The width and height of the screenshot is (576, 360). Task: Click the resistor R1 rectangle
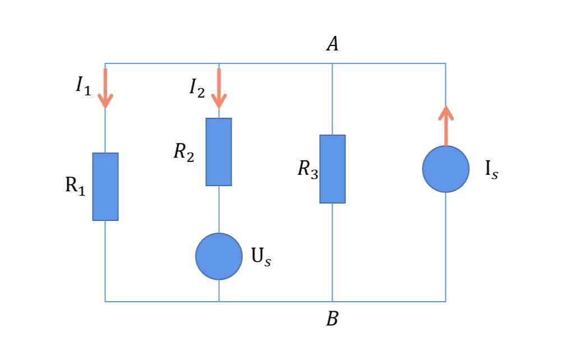(105, 187)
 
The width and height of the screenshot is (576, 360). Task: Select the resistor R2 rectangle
(219, 152)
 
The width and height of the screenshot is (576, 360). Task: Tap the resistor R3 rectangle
(333, 169)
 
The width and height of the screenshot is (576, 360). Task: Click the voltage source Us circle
(219, 256)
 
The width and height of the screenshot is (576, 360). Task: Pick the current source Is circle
(446, 169)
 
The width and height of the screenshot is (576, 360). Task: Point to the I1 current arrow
(105, 89)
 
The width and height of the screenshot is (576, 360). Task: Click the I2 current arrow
(219, 89)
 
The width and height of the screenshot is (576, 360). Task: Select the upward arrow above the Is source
(446, 125)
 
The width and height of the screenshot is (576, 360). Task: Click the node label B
(333, 320)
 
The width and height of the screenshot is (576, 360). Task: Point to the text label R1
(76, 186)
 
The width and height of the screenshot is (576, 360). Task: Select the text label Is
(491, 170)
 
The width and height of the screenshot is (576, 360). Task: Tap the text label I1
(83, 86)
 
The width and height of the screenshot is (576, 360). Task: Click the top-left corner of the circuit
(105, 64)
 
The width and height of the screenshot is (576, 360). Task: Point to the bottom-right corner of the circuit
(446, 302)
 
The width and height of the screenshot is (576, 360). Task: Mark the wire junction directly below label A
(333, 64)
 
